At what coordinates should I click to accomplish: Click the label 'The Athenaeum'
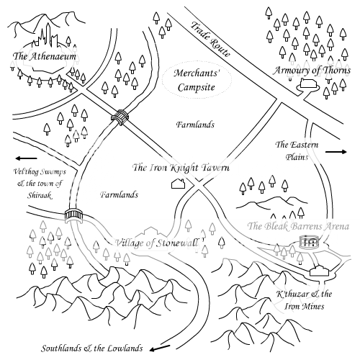tap(45, 56)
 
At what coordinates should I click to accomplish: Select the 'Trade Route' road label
tap(210, 40)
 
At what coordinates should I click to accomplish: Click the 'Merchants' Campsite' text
tap(197, 80)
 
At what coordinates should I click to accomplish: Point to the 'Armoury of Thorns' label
tap(312, 71)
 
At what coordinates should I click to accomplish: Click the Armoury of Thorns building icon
tap(308, 84)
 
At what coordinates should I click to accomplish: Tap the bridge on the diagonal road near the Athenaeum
tap(120, 117)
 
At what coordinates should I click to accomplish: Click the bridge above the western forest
tap(74, 215)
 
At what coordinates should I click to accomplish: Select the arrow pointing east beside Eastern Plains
tap(336, 152)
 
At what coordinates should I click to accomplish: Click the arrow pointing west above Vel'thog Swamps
tap(27, 158)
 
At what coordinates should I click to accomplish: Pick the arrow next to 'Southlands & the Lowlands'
tap(160, 348)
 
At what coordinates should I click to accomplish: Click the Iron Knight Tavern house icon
tap(179, 184)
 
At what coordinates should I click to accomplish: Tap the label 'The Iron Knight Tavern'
tap(181, 168)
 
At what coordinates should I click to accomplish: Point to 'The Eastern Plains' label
tap(297, 150)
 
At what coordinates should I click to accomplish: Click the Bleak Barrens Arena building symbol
tap(310, 242)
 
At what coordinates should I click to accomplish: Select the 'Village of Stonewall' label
tap(157, 243)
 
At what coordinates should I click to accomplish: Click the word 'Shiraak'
tap(39, 195)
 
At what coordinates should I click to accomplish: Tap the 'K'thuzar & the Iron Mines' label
tap(304, 300)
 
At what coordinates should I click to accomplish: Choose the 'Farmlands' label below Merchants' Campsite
tap(195, 125)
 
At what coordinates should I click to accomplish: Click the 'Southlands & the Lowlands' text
tap(92, 348)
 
